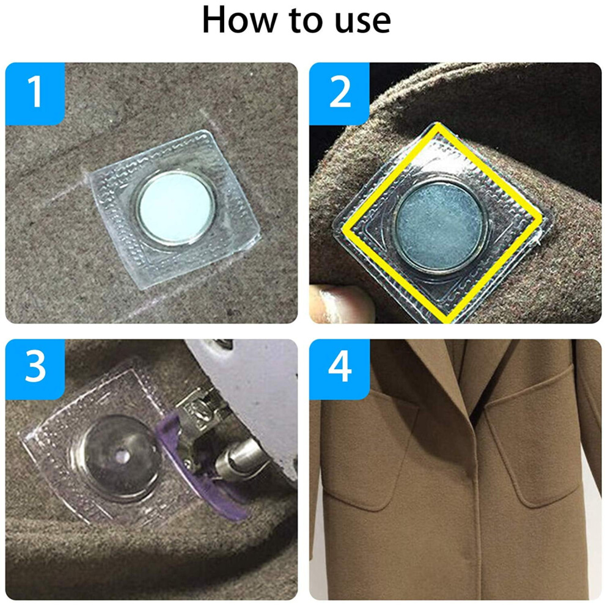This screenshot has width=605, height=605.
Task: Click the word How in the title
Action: click(240, 20)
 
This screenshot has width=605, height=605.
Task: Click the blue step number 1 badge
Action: click(35, 94)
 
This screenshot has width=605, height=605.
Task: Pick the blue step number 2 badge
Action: click(340, 94)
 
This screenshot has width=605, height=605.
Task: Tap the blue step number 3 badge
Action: click(35, 369)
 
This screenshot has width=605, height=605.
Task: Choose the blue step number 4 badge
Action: click(340, 369)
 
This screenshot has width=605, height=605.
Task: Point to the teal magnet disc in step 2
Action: click(440, 226)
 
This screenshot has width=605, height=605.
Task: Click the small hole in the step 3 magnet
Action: click(123, 457)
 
